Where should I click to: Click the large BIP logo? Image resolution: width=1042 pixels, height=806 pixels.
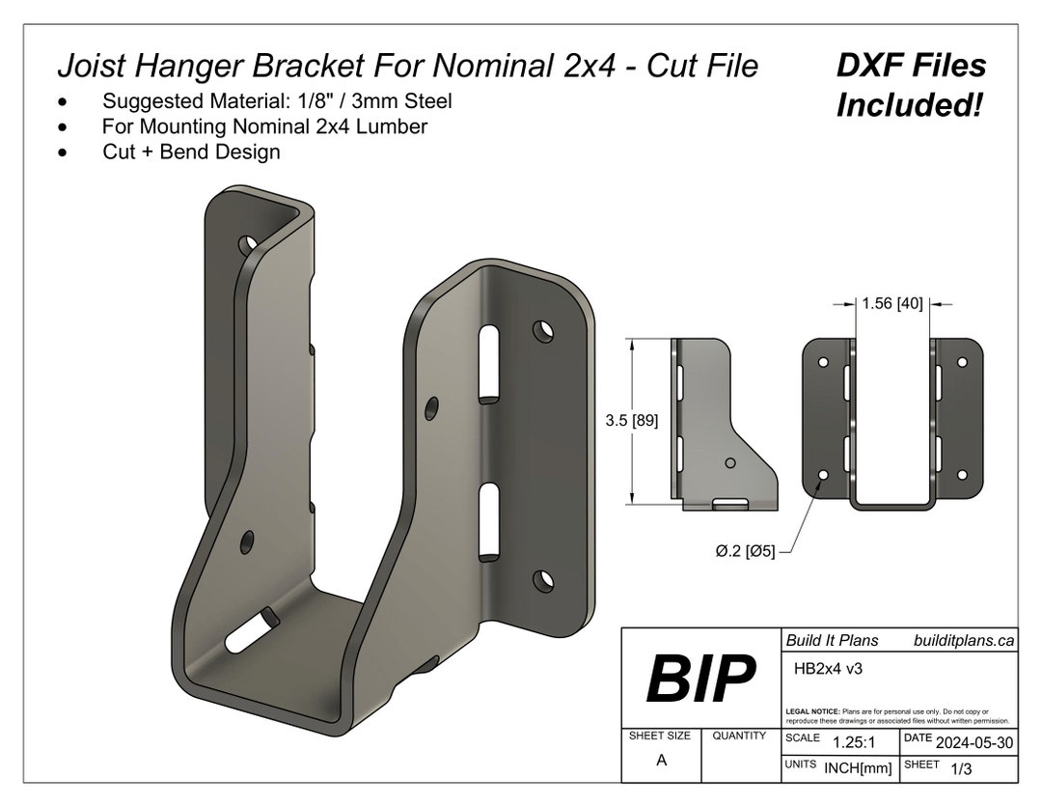[x=699, y=679]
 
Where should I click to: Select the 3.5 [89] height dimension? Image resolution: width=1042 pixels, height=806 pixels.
[x=632, y=421]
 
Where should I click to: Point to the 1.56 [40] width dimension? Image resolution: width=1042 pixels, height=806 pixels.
[x=891, y=303]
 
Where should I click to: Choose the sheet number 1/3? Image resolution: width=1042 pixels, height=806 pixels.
[x=961, y=768]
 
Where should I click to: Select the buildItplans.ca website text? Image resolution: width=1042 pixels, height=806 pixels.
[x=963, y=640]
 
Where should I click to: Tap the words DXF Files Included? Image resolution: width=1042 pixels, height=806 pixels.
[x=910, y=85]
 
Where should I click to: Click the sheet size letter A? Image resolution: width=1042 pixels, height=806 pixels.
[x=661, y=760]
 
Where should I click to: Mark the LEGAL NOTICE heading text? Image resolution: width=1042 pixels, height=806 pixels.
[x=812, y=711]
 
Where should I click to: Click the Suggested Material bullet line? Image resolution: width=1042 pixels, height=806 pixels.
[x=277, y=101]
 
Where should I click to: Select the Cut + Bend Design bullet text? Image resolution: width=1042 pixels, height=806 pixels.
[x=191, y=152]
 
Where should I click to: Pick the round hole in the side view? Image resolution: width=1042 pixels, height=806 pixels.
[x=730, y=464]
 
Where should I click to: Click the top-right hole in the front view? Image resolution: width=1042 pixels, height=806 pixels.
[x=961, y=363]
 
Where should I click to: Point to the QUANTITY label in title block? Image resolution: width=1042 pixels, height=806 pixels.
[x=739, y=736]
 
